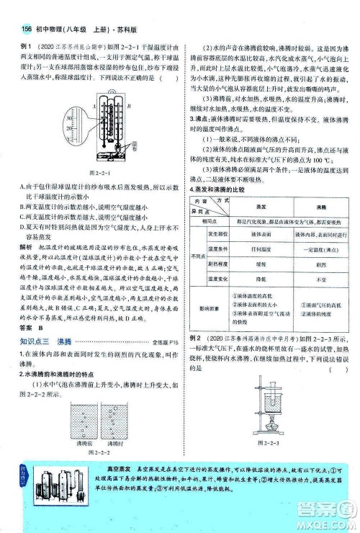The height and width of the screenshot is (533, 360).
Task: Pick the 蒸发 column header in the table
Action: tap(258, 205)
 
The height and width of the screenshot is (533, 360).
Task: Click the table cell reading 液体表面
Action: tap(258, 234)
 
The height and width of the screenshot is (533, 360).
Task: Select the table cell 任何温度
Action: tap(258, 248)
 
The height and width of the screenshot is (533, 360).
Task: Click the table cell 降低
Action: tap(258, 277)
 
